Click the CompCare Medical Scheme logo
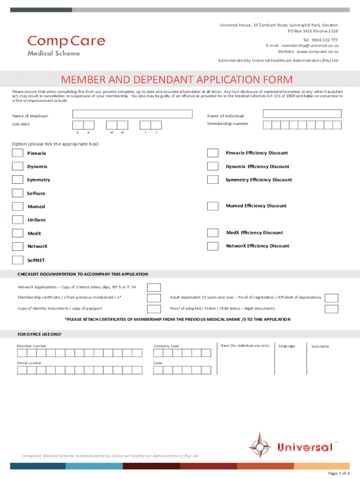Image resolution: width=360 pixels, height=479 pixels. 66,45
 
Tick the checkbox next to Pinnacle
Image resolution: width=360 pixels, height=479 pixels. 18,153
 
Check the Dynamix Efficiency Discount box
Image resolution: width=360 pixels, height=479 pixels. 213,167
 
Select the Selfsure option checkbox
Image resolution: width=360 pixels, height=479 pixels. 18,193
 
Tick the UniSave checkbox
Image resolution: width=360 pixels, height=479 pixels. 18,220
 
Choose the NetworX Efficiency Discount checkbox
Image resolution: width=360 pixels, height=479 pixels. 213,246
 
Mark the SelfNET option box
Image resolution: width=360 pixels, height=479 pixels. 18,260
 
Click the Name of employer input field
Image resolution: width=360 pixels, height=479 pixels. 132,114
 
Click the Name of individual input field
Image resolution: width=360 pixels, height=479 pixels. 302,114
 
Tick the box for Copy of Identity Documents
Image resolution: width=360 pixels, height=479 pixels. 154,309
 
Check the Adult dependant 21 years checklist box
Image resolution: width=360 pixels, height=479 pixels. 331,298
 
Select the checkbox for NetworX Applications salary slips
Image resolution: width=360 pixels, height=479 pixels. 154,287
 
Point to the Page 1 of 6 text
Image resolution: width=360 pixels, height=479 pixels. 339,473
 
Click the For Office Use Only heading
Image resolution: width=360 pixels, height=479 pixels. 39,334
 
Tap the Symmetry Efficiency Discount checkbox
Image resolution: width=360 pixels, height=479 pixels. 213,180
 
